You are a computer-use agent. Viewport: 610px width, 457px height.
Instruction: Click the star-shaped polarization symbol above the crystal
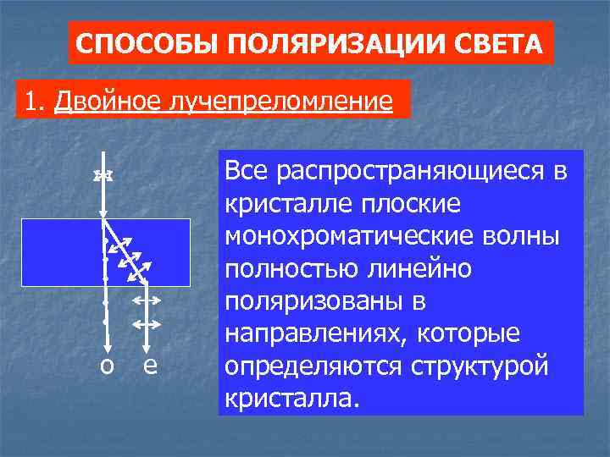[x=103, y=175]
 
